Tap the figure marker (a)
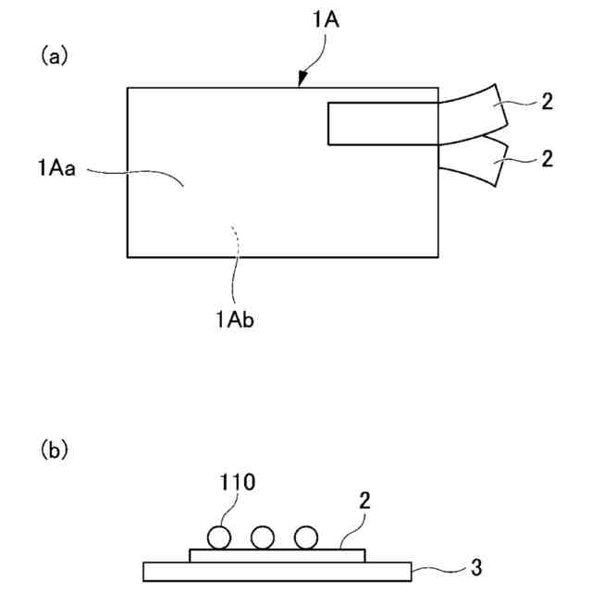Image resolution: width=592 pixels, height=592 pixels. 55,55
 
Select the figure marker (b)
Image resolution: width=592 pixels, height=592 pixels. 55,450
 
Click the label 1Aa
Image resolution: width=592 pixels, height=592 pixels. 56,167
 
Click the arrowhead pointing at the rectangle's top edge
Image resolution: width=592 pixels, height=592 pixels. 301,82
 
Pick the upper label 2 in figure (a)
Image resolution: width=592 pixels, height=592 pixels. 547,103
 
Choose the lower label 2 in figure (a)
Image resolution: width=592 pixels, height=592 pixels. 547,159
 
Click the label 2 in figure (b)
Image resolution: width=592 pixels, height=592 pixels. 365,500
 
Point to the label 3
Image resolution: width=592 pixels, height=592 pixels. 475,564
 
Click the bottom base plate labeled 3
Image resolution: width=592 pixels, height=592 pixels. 277,572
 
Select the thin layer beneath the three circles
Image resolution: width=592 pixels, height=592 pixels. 277,555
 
